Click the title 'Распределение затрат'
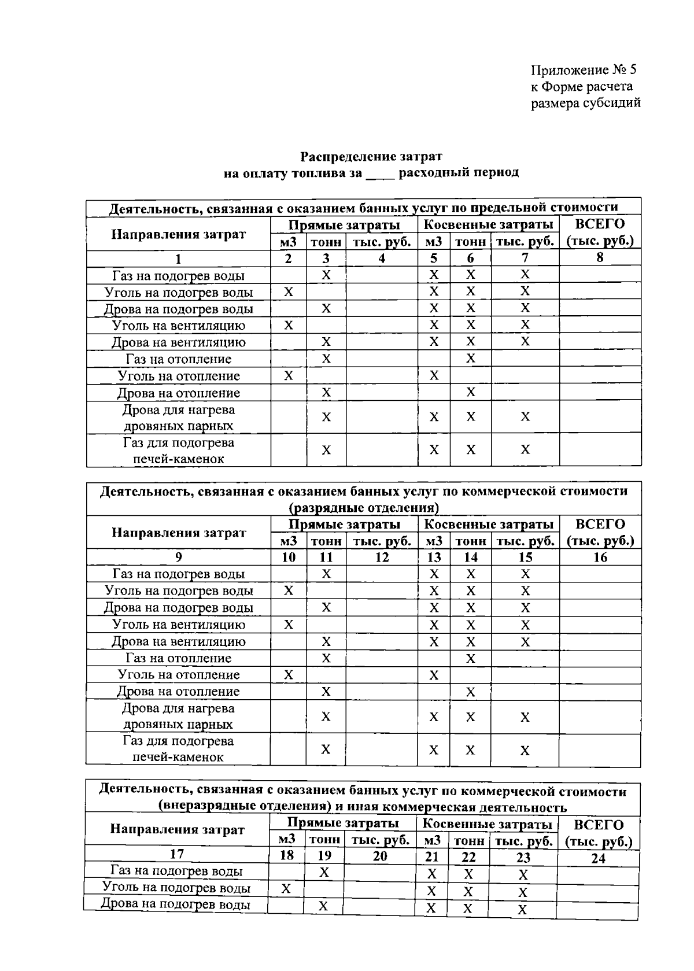[x=371, y=156]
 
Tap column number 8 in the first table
[x=600, y=258]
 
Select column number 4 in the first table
[x=382, y=259]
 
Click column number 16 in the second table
[x=600, y=557]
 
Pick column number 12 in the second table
[x=382, y=558]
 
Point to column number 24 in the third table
[x=598, y=858]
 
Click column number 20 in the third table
[x=380, y=856]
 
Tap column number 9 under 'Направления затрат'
[x=178, y=557]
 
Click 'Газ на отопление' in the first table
[x=178, y=359]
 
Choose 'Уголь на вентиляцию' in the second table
[x=178, y=625]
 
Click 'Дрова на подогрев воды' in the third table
[x=176, y=904]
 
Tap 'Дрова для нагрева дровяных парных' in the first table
[x=178, y=418]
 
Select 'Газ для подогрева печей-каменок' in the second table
[x=178, y=749]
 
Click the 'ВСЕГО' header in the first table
[x=600, y=224]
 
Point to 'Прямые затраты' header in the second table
[x=344, y=525]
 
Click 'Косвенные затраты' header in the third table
[x=487, y=824]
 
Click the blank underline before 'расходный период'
[x=380, y=173]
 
